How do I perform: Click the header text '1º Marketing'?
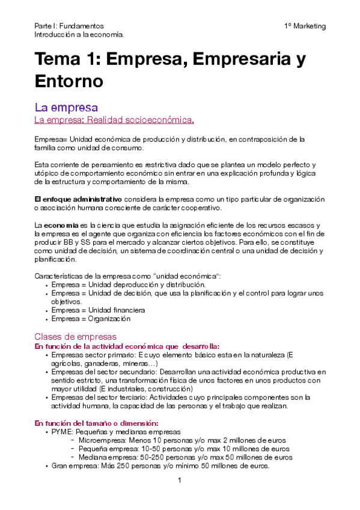tap(305, 26)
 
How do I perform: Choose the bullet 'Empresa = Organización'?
tap(91, 319)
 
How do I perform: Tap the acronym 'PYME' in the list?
tap(62, 432)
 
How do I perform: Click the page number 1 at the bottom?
tap(179, 481)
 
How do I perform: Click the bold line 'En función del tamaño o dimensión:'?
tap(96, 423)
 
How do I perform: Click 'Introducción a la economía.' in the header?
tap(79, 35)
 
